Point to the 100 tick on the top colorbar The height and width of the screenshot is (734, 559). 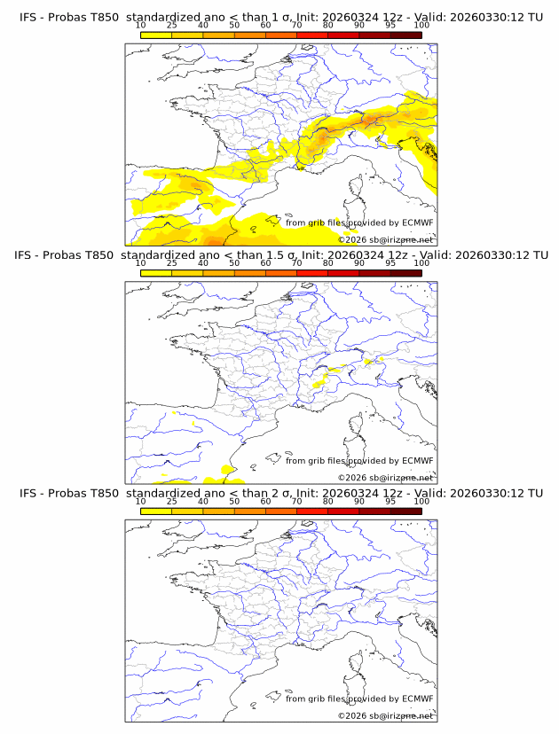point(421,25)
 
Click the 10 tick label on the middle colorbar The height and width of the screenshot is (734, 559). point(141,263)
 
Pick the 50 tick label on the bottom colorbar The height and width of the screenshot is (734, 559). point(234,501)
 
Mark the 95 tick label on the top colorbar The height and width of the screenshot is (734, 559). point(390,25)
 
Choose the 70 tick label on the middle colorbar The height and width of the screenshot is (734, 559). point(296,263)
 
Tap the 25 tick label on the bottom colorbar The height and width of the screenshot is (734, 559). point(172,501)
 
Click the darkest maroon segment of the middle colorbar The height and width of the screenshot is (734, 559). point(405,273)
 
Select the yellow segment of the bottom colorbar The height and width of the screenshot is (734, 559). point(156,511)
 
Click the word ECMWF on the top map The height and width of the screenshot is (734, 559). point(418,223)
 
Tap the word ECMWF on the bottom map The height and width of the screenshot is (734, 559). point(418,699)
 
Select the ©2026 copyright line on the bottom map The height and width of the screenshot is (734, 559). point(385,715)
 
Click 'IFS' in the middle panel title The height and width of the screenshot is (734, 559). point(29,255)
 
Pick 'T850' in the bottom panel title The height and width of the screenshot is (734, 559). point(104,493)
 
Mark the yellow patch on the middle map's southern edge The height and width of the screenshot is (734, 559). point(226,469)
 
